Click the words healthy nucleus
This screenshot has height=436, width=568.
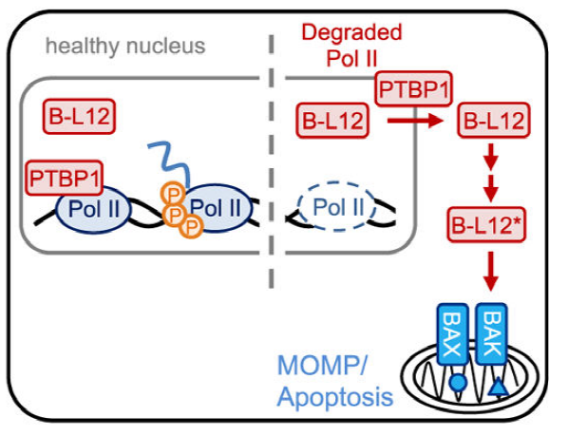click(125, 46)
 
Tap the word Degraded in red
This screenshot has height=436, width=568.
click(351, 32)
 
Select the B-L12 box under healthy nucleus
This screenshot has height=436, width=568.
click(79, 117)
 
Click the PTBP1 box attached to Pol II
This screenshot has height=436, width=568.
click(65, 178)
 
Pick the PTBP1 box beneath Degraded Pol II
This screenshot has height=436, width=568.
click(413, 88)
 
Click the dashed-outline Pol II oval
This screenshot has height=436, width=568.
click(337, 207)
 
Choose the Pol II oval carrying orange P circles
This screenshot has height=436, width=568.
click(218, 207)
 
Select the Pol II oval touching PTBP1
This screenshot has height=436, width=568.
click(93, 209)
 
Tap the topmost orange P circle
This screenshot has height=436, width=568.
click(173, 195)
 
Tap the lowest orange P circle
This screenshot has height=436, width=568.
click(191, 227)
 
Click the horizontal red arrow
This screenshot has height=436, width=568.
click(415, 121)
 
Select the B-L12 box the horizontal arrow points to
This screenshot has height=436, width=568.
click(494, 121)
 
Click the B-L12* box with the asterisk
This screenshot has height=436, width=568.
click(485, 224)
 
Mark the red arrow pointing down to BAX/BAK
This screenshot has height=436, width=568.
click(491, 272)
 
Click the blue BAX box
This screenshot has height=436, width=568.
click(452, 333)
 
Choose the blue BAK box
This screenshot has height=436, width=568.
click(491, 333)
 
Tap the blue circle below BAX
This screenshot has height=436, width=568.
click(458, 383)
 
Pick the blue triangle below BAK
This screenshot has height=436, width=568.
click(498, 386)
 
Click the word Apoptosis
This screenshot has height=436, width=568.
click(335, 398)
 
